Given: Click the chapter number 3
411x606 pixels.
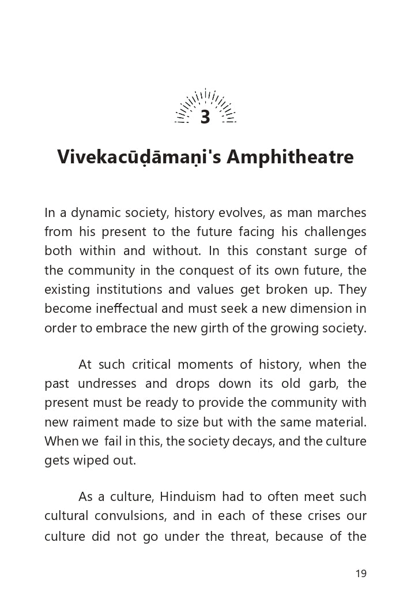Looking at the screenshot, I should pos(205,117).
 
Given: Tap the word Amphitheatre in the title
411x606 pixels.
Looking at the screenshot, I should pos(290,158).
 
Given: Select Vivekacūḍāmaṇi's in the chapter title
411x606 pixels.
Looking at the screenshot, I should pos(139,158).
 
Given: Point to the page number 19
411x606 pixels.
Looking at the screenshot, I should pos(361,573).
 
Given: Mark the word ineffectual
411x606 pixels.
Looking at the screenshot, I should pos(125,309).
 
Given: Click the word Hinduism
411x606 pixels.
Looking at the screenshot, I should pos(188,497).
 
